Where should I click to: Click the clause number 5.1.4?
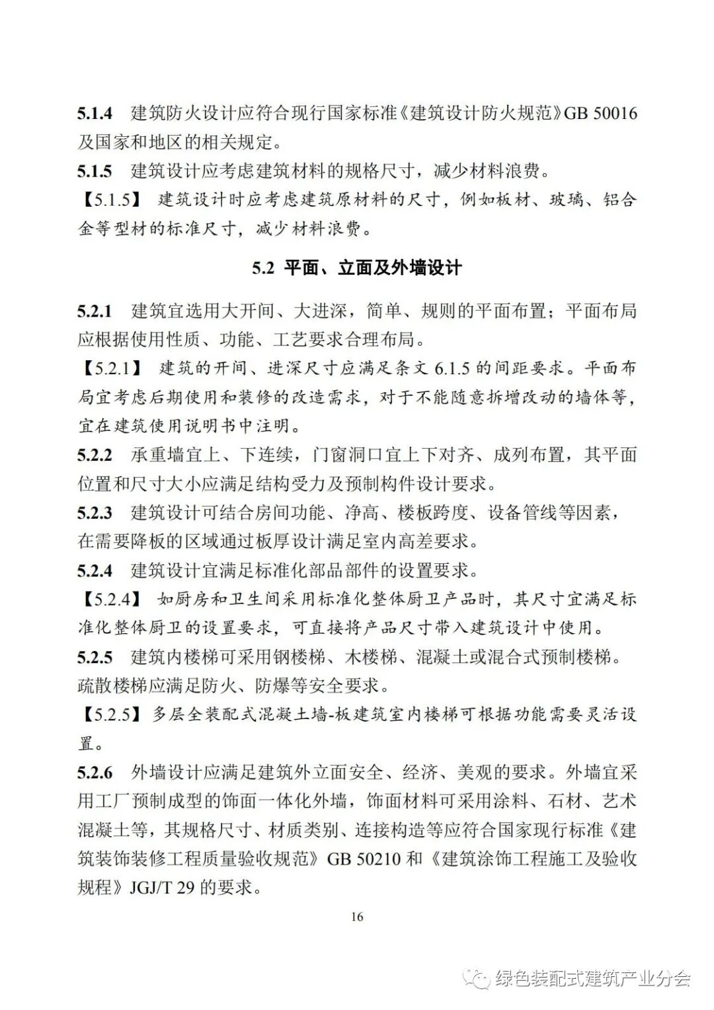pos(95,113)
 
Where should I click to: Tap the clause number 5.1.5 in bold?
pos(95,171)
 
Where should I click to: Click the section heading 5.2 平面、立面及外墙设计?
pos(356,268)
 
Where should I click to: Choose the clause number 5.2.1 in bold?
pos(95,311)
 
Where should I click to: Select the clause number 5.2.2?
pos(95,455)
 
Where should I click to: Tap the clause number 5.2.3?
pos(95,512)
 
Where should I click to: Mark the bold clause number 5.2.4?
pos(95,570)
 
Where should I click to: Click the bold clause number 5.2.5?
pos(95,657)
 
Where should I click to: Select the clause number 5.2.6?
pos(95,772)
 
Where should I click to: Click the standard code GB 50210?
pos(364,859)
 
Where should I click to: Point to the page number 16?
pos(357,917)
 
